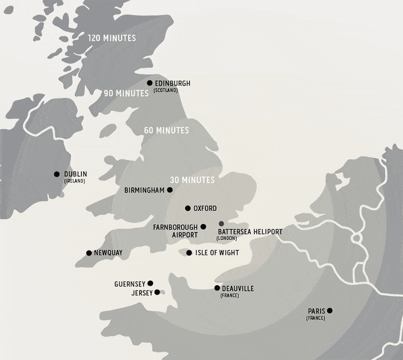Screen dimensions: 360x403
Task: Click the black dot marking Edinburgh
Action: point(150,83)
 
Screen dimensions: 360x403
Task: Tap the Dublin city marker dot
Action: point(57,174)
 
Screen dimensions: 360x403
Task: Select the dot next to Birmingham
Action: point(170,190)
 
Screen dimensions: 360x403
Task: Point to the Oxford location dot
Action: point(188,208)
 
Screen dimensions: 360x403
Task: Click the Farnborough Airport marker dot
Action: point(203,227)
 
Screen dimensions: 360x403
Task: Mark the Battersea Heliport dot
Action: point(221,223)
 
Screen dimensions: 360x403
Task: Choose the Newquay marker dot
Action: point(89,253)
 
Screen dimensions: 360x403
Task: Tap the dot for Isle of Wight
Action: point(189,253)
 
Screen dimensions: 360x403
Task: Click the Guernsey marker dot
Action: point(151,283)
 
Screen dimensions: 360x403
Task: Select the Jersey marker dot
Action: point(157,292)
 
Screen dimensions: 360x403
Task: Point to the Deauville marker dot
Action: point(217,288)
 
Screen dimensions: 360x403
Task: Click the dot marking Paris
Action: point(330,311)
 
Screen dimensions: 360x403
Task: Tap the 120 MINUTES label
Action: point(112,38)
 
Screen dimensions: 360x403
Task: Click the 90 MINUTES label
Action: point(126,93)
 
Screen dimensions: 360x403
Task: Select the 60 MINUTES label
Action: point(166,130)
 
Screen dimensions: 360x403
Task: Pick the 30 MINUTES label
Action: point(192,180)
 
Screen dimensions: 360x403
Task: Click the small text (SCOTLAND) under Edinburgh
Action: point(166,90)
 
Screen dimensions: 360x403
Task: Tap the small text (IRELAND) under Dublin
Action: point(74,181)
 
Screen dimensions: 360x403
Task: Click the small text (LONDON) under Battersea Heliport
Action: point(227,238)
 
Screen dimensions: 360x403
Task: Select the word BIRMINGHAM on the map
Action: point(145,190)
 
